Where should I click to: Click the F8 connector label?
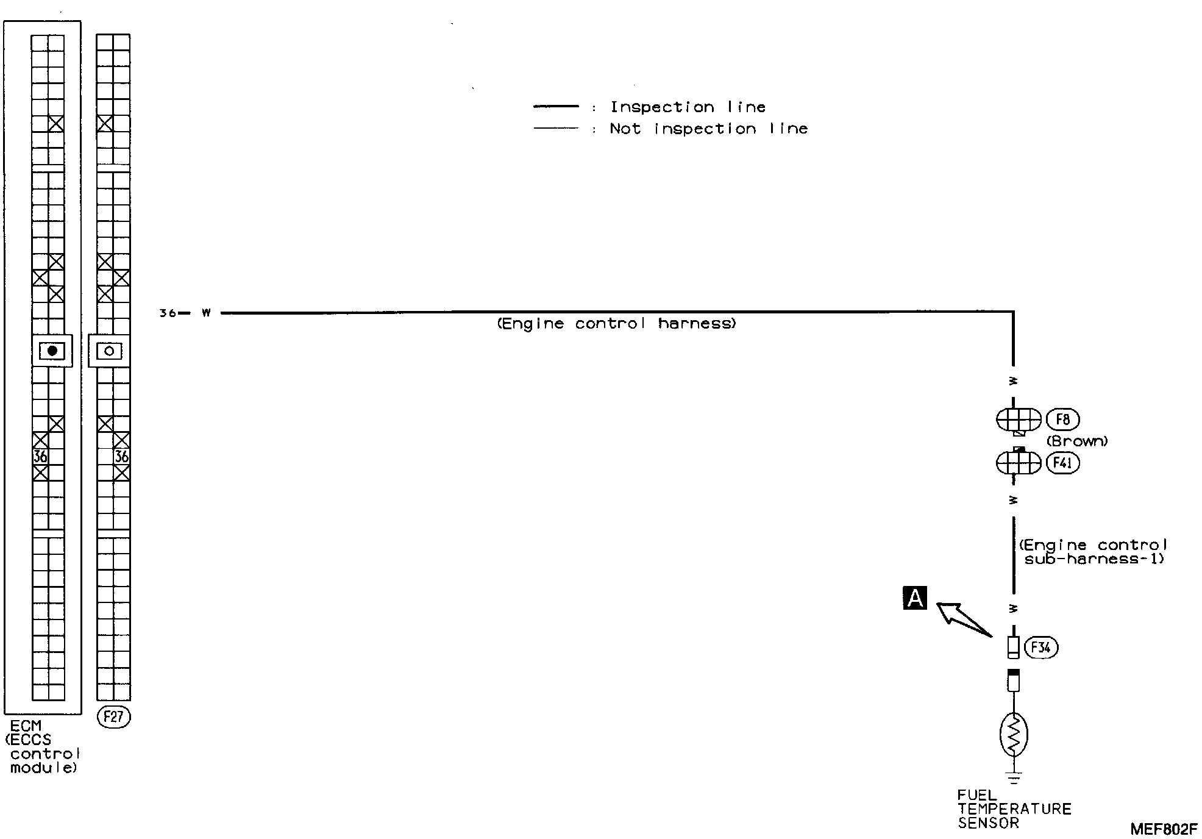point(1062,419)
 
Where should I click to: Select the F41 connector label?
point(1062,463)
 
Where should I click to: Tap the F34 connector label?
point(1041,648)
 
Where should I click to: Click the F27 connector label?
point(113,717)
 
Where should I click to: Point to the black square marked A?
point(914,598)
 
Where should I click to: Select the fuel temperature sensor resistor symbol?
point(1014,735)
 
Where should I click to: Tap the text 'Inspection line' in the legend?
point(688,107)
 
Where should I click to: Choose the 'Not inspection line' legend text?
point(708,129)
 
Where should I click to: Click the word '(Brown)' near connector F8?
point(1077,441)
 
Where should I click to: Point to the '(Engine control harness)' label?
point(616,324)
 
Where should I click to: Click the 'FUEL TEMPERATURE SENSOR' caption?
point(1013,809)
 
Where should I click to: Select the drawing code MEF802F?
point(1163,829)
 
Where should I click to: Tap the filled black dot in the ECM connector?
point(52,351)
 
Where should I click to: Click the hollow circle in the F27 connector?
point(109,351)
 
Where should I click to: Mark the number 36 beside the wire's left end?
point(166,313)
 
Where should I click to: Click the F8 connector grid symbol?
point(1019,419)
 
